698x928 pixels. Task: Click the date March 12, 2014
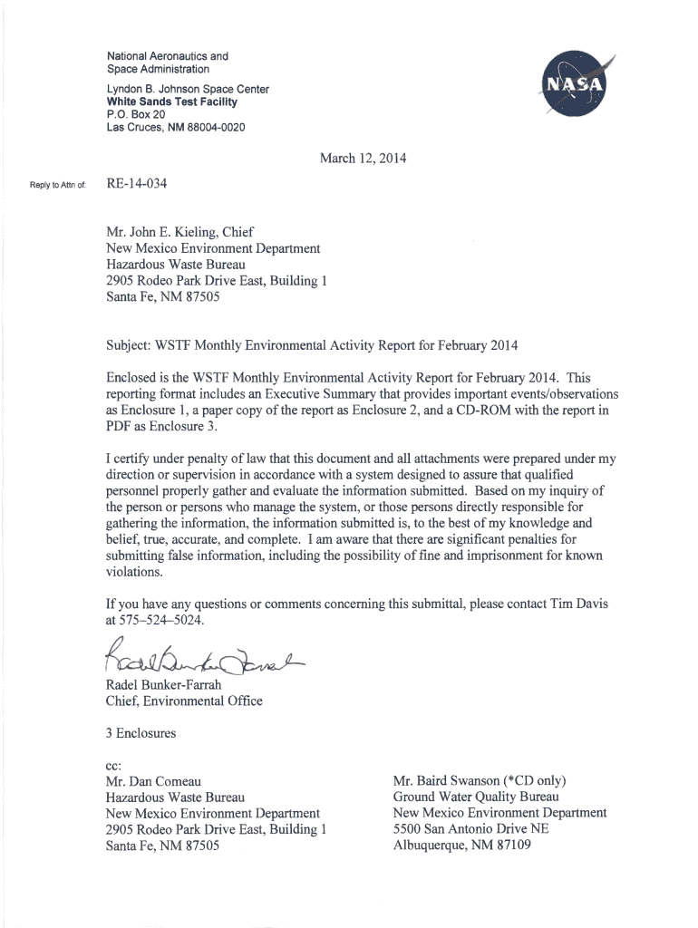pyautogui.click(x=363, y=159)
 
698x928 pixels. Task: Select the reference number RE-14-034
pyautogui.click(x=136, y=185)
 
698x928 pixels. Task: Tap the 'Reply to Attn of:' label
pyautogui.click(x=56, y=186)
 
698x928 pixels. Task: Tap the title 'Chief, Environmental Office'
pyautogui.click(x=184, y=701)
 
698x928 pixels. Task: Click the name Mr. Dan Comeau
pyautogui.click(x=153, y=781)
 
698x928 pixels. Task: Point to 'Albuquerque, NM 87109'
pyautogui.click(x=461, y=846)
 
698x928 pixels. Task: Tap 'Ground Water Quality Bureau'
pyautogui.click(x=475, y=797)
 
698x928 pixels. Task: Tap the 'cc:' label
pyautogui.click(x=114, y=765)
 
